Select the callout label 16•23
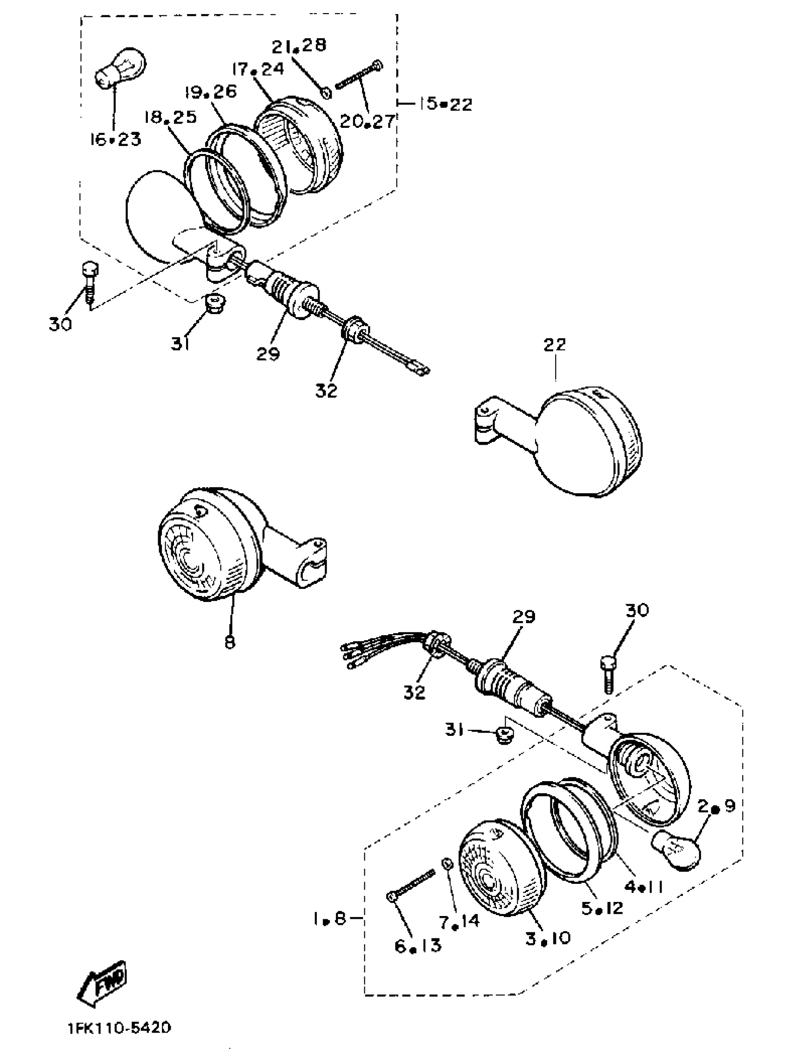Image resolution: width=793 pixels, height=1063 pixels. (x=115, y=140)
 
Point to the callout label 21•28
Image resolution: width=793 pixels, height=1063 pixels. (x=299, y=46)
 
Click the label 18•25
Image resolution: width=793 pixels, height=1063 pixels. (x=171, y=117)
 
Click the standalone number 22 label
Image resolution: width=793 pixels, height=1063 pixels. (x=555, y=344)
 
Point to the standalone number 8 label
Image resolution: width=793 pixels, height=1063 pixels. (x=230, y=642)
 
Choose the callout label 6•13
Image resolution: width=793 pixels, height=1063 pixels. (x=417, y=945)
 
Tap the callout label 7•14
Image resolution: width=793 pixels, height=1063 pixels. (x=459, y=920)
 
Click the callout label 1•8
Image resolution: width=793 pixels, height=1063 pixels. (x=330, y=918)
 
